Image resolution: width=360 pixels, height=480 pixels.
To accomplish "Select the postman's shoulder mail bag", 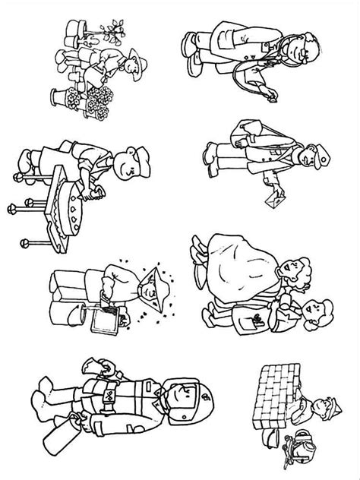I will tap(247, 137).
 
